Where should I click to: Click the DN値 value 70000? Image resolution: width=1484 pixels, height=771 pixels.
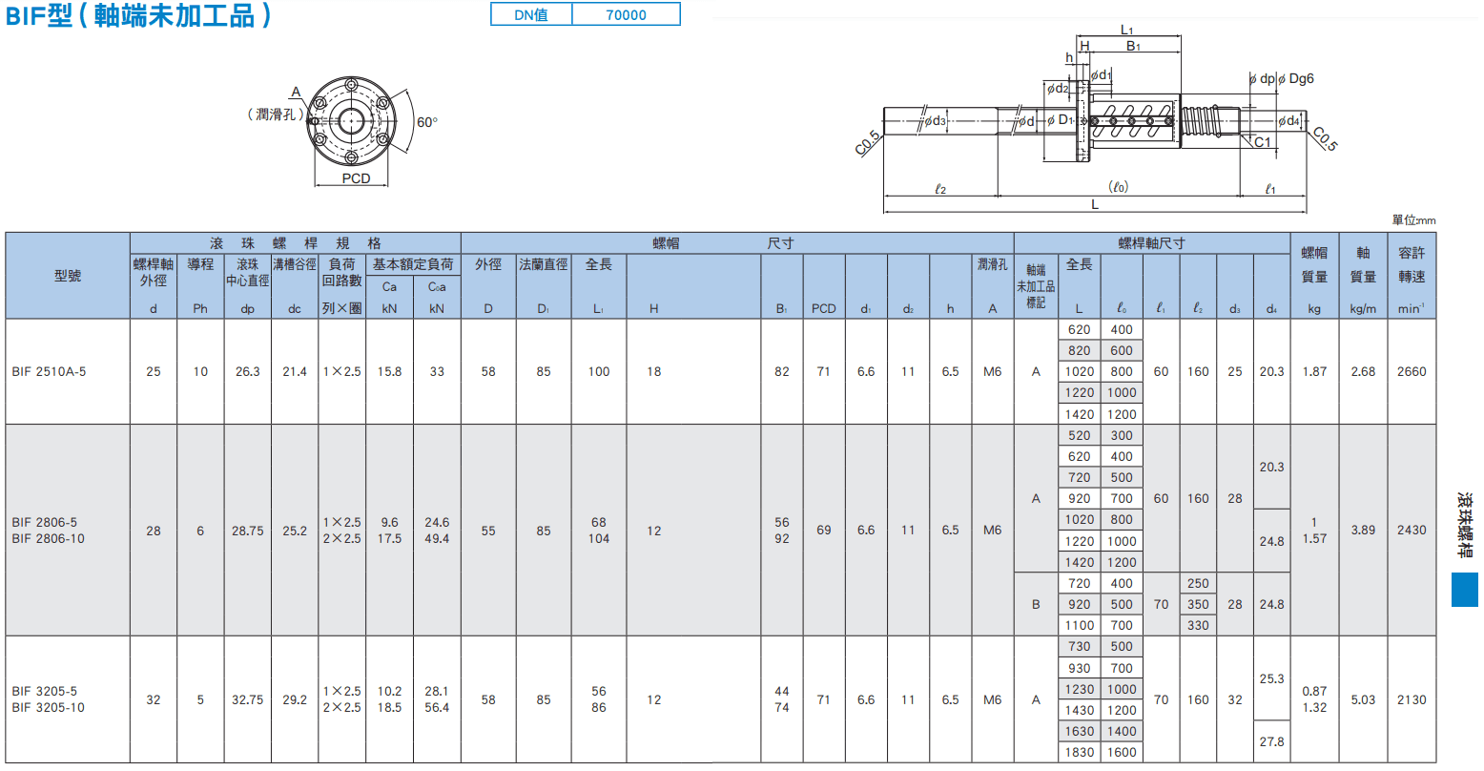(x=626, y=14)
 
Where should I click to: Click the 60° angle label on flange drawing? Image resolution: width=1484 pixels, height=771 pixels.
(x=427, y=122)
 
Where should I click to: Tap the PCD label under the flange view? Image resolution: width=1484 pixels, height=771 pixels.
(x=356, y=178)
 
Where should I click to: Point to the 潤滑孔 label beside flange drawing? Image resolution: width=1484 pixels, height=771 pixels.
(x=276, y=115)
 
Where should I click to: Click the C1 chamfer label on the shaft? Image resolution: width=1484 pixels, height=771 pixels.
(x=1263, y=142)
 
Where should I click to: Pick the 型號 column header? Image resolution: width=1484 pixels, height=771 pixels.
(x=68, y=276)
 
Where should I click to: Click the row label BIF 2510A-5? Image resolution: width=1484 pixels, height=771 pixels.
(x=49, y=372)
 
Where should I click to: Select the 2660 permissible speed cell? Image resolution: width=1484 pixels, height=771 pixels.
(x=1412, y=372)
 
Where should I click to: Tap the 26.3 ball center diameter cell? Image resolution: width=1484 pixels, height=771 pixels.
(x=247, y=372)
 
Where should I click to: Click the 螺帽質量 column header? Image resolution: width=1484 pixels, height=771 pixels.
(x=1314, y=264)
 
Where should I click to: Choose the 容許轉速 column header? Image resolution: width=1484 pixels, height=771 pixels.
(x=1412, y=264)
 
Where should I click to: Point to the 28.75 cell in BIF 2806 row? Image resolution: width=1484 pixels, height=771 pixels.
(x=247, y=531)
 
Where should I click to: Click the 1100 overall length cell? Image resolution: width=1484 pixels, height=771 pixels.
(x=1080, y=625)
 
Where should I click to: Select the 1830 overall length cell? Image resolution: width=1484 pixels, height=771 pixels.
(x=1080, y=753)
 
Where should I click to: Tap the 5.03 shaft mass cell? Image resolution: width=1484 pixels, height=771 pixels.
(x=1363, y=700)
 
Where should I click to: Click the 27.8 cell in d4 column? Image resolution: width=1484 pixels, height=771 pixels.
(x=1271, y=741)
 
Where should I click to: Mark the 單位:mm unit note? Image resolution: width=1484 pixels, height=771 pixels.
(x=1413, y=220)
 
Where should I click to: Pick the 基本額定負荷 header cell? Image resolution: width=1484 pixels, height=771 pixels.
(x=413, y=264)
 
